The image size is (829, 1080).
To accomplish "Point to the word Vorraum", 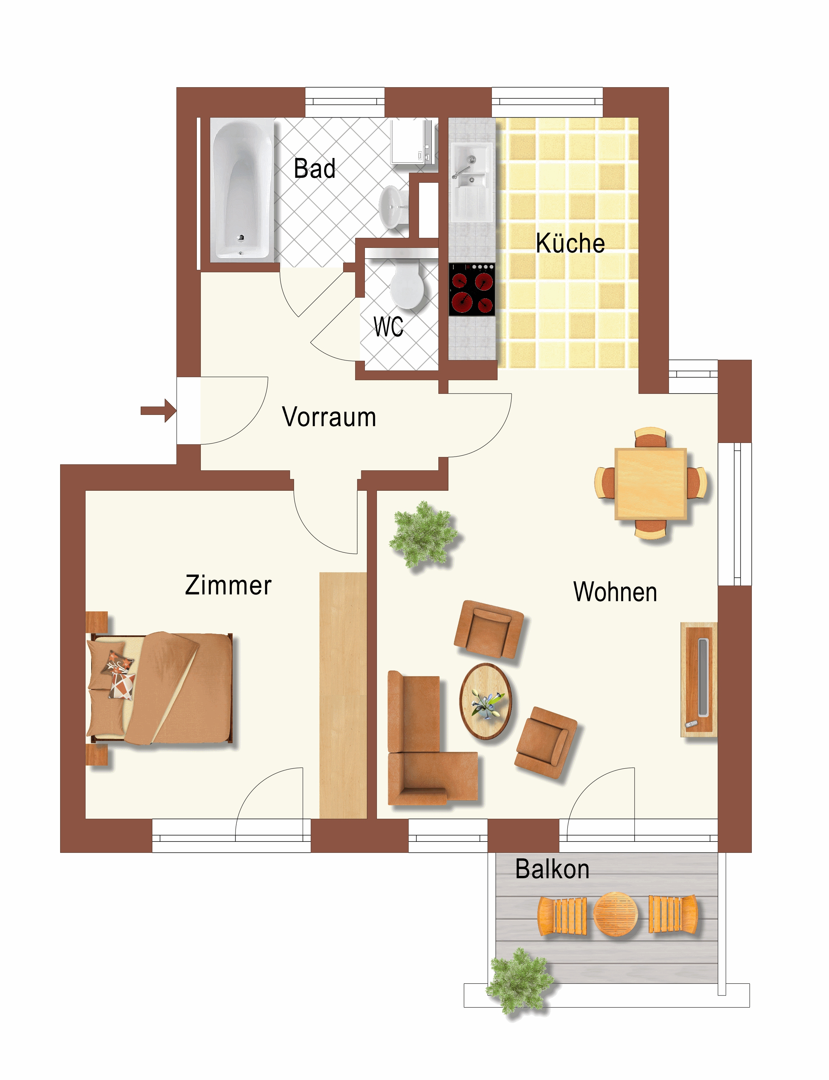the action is pyautogui.click(x=329, y=417).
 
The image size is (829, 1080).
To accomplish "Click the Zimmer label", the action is pyautogui.click(x=228, y=585).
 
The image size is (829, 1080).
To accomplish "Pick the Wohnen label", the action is pyautogui.click(x=615, y=592).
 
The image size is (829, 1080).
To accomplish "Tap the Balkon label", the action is pyautogui.click(x=552, y=869).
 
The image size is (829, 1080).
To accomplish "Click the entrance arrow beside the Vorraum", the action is pyautogui.click(x=158, y=411).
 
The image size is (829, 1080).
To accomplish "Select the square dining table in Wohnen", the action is pyautogui.click(x=650, y=483).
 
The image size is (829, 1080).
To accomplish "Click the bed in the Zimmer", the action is pyautogui.click(x=159, y=688).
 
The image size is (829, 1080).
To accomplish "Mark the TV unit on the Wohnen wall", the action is pyautogui.click(x=699, y=680).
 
